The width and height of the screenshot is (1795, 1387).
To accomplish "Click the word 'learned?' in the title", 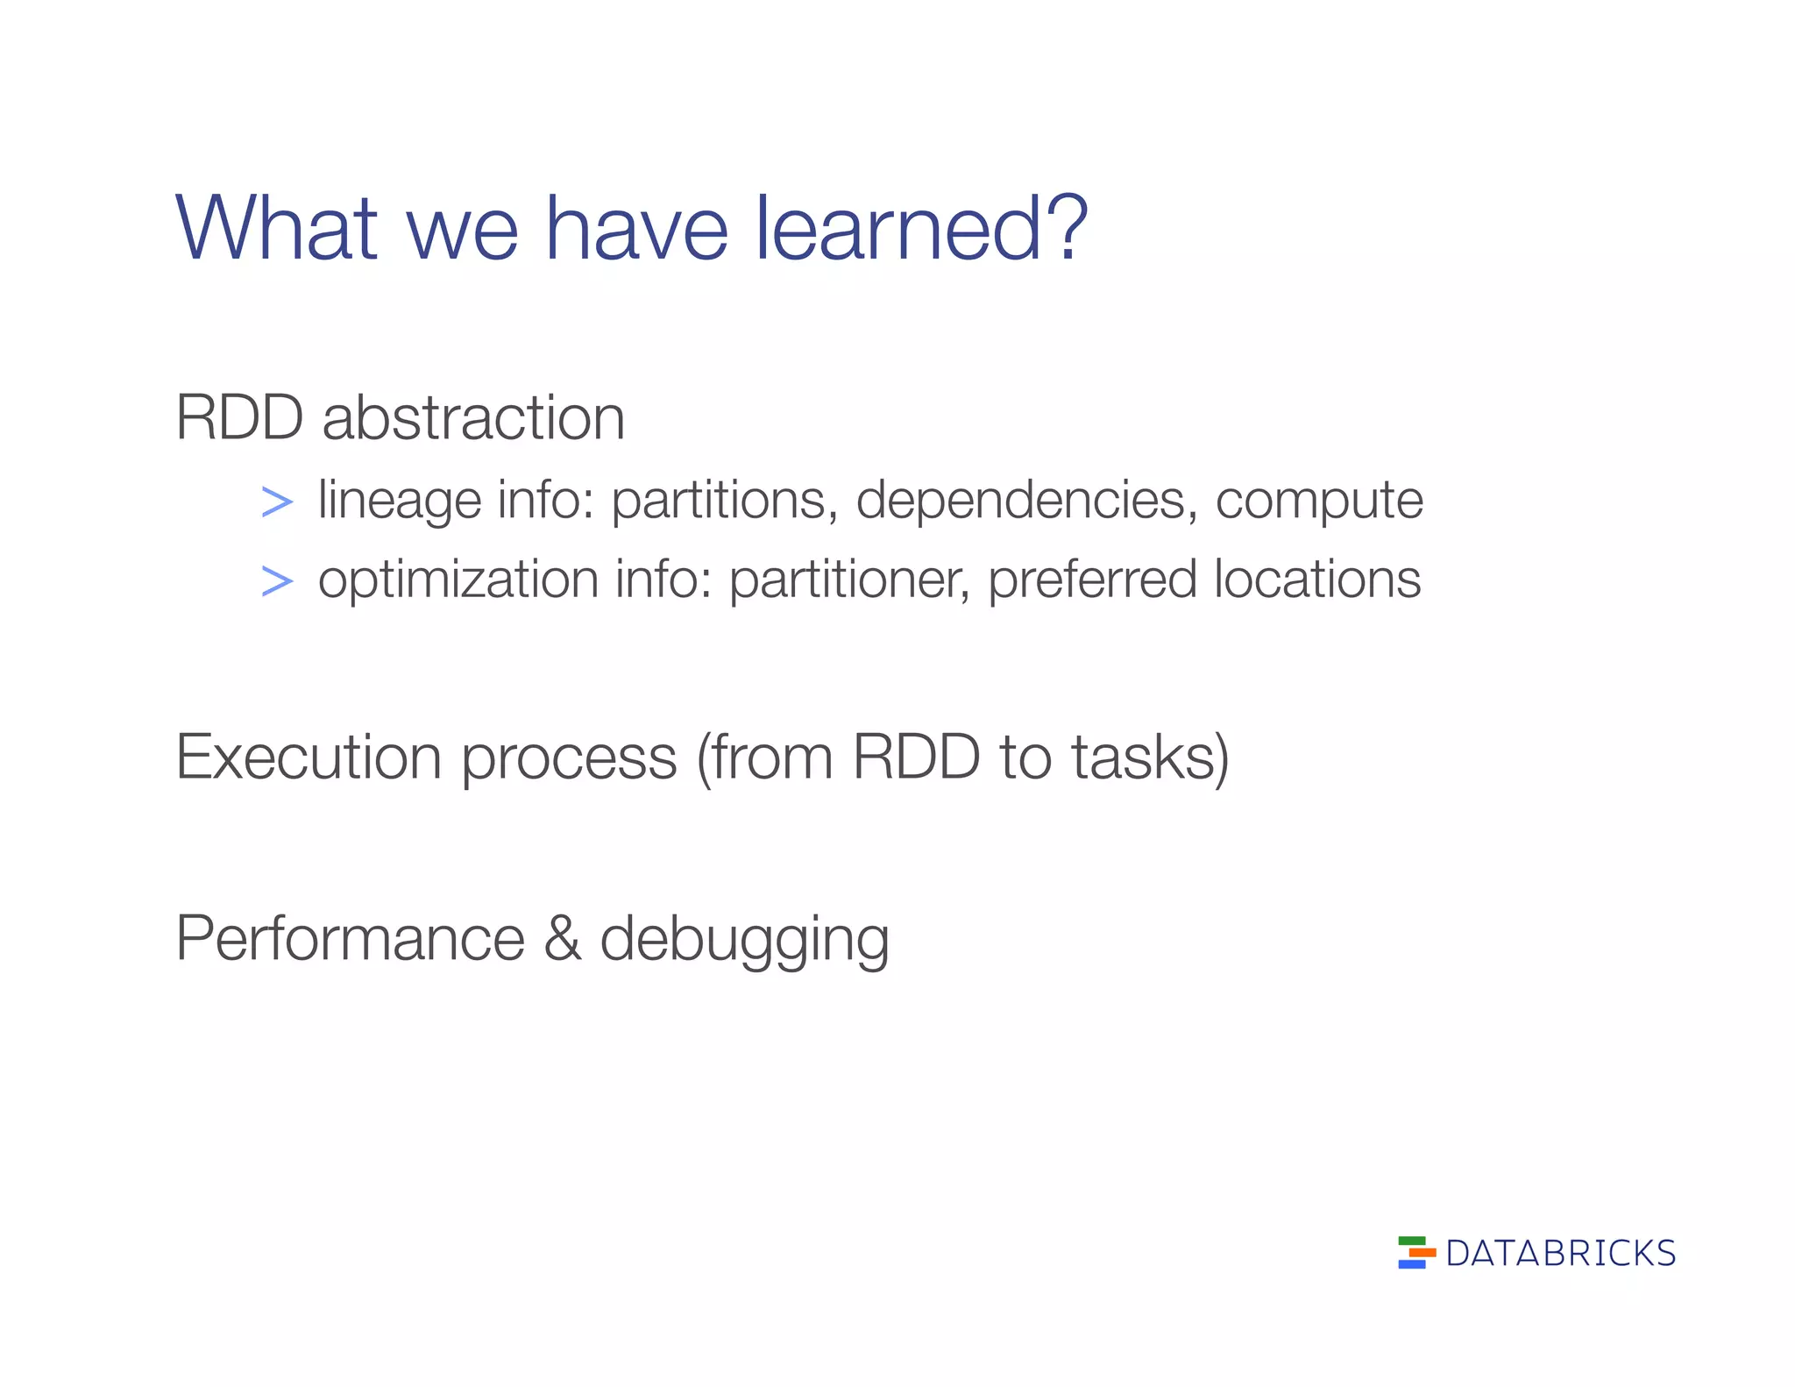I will coord(920,229).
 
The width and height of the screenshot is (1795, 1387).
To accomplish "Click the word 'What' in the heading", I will coord(277,229).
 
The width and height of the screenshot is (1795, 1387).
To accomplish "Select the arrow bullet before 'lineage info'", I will coord(277,502).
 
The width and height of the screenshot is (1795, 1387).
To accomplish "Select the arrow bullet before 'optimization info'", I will coord(277,581).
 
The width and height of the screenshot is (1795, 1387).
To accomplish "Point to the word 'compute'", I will coord(1318,502).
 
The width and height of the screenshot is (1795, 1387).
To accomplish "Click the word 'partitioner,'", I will coord(849,580).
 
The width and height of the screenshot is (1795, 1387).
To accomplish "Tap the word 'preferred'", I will coord(1092,581).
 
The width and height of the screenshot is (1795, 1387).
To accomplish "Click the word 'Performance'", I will coord(350,938).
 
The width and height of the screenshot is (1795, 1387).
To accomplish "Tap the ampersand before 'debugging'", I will coord(562,937).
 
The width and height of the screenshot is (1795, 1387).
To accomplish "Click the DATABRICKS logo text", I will coord(1560,1254).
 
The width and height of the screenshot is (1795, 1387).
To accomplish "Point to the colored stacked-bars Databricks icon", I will coord(1415,1252).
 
